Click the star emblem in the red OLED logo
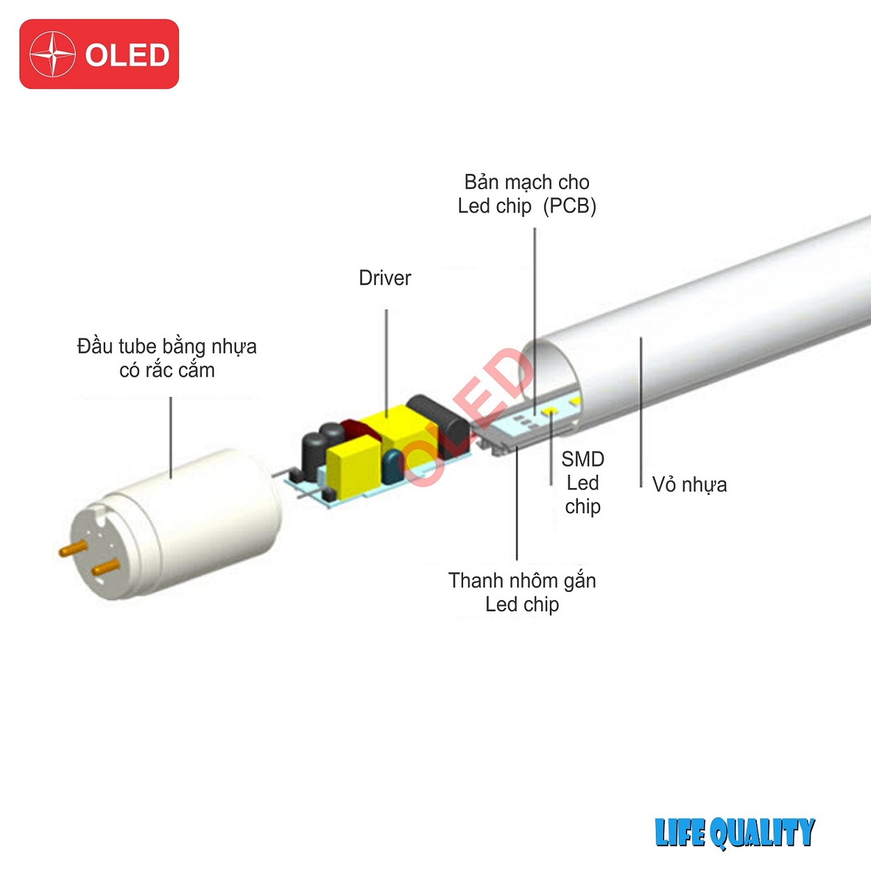(53, 54)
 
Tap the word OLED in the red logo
(127, 56)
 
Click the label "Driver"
(384, 278)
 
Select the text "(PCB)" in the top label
(570, 206)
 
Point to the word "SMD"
(583, 460)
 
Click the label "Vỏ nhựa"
(689, 485)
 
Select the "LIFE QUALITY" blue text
(735, 833)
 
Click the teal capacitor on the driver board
(393, 466)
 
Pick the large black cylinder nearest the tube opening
(439, 424)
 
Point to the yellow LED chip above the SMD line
(549, 412)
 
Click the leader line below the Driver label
(386, 359)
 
